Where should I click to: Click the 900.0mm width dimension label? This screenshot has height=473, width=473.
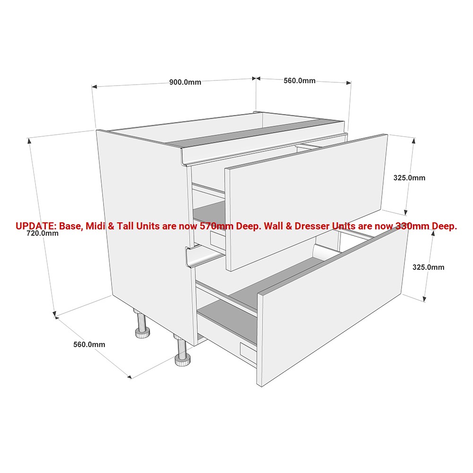click(185, 82)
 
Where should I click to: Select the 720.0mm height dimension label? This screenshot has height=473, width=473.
click(43, 233)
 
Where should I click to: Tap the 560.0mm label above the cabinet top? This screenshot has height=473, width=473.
click(299, 80)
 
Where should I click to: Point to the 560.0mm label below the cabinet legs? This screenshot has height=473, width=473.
click(89, 344)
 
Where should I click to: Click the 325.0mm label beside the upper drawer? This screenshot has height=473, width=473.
click(409, 178)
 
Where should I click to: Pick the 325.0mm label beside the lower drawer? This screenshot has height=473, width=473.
click(428, 267)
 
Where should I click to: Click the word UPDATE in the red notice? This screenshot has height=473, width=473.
click(35, 226)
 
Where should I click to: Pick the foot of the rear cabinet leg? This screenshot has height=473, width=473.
click(142, 333)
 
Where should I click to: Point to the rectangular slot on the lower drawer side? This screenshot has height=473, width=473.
click(247, 351)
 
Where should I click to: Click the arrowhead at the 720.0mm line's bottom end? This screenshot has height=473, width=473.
click(54, 314)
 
